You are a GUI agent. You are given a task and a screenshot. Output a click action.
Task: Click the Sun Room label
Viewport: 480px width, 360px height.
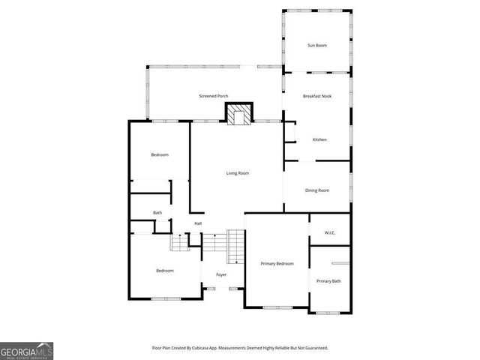(317, 46)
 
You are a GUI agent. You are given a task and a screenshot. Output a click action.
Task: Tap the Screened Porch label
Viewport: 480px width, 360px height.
(214, 96)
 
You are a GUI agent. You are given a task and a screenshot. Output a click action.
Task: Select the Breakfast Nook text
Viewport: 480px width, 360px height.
(317, 96)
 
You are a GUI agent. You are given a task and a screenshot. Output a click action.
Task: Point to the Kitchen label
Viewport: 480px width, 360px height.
(319, 139)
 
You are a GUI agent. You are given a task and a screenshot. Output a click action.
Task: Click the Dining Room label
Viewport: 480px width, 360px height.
(317, 190)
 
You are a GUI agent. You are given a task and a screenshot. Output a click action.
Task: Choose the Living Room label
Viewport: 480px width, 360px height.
(238, 173)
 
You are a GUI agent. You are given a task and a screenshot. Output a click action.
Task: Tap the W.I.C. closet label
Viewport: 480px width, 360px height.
(330, 232)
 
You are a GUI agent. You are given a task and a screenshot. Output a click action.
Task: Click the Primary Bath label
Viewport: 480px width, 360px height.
(328, 281)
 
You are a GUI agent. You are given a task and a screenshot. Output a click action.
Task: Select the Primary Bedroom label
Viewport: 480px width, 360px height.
(277, 264)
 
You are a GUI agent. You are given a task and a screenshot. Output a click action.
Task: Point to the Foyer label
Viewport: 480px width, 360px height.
(221, 274)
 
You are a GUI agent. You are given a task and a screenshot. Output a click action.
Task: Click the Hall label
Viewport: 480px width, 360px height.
(198, 223)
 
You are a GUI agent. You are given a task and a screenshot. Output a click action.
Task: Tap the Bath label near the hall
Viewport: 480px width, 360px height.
(157, 213)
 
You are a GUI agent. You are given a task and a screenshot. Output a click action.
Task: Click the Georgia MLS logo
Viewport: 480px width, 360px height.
(27, 351)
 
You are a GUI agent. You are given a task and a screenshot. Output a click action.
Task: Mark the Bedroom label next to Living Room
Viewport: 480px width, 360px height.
(160, 154)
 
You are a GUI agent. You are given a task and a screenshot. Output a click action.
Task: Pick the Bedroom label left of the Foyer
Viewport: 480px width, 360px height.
(165, 270)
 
